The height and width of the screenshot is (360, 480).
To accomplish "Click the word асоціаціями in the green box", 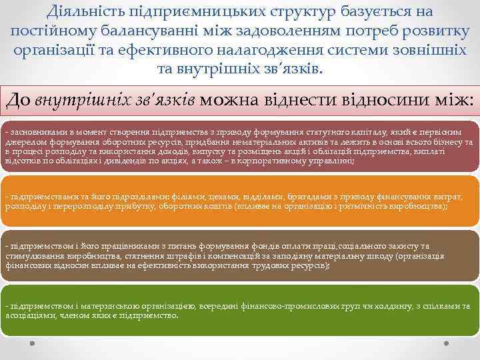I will point(28,315).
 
